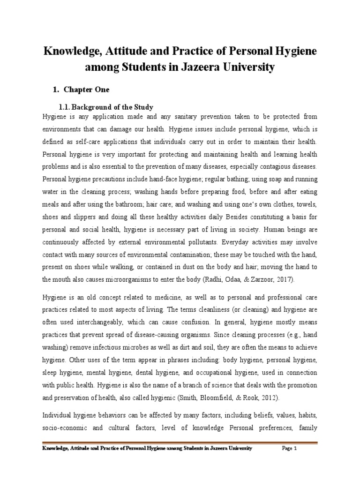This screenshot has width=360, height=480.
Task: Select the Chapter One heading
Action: pos(90,90)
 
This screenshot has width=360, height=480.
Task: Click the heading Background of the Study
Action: pos(113,107)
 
